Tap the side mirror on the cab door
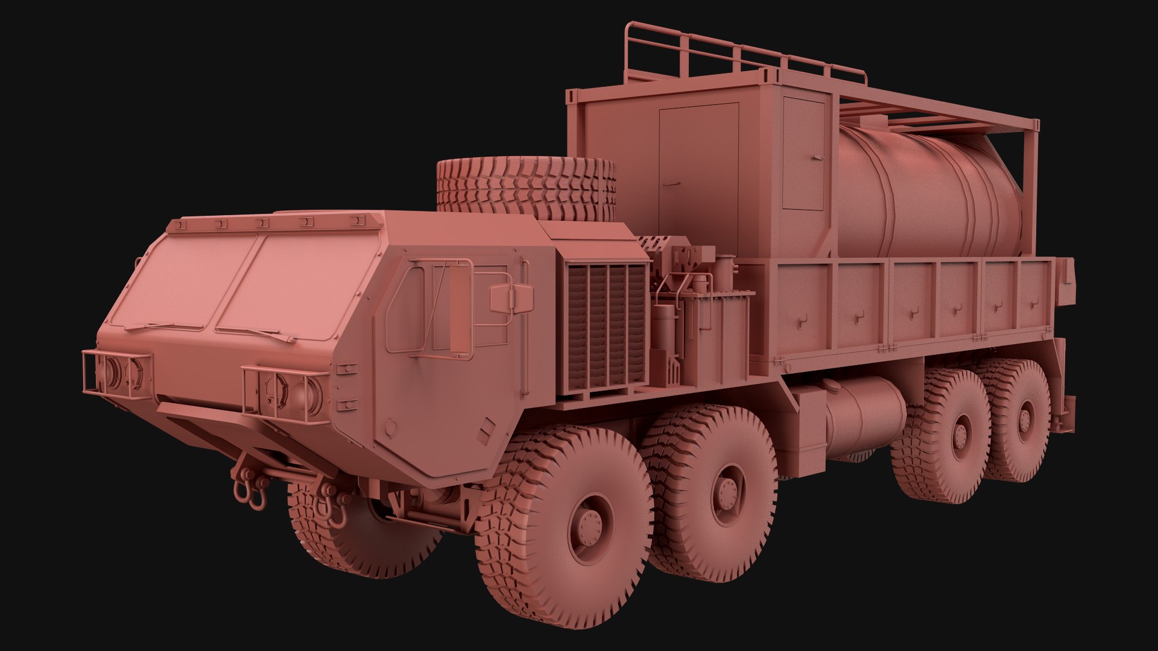[x=511, y=298]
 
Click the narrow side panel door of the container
[x=803, y=154]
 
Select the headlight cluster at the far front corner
[x=118, y=371]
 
